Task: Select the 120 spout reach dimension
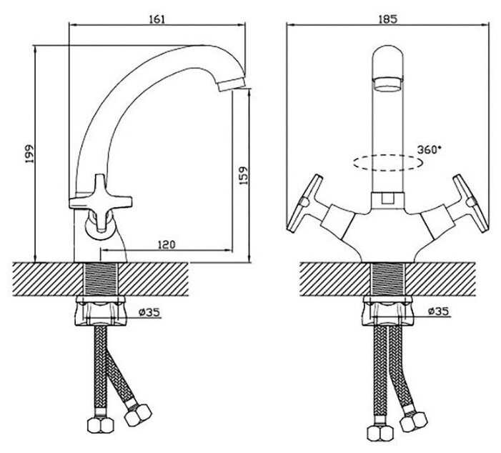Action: click(x=165, y=244)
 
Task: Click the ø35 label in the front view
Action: click(x=439, y=312)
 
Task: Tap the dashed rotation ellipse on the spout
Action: click(x=388, y=163)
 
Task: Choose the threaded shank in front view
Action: click(x=388, y=278)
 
